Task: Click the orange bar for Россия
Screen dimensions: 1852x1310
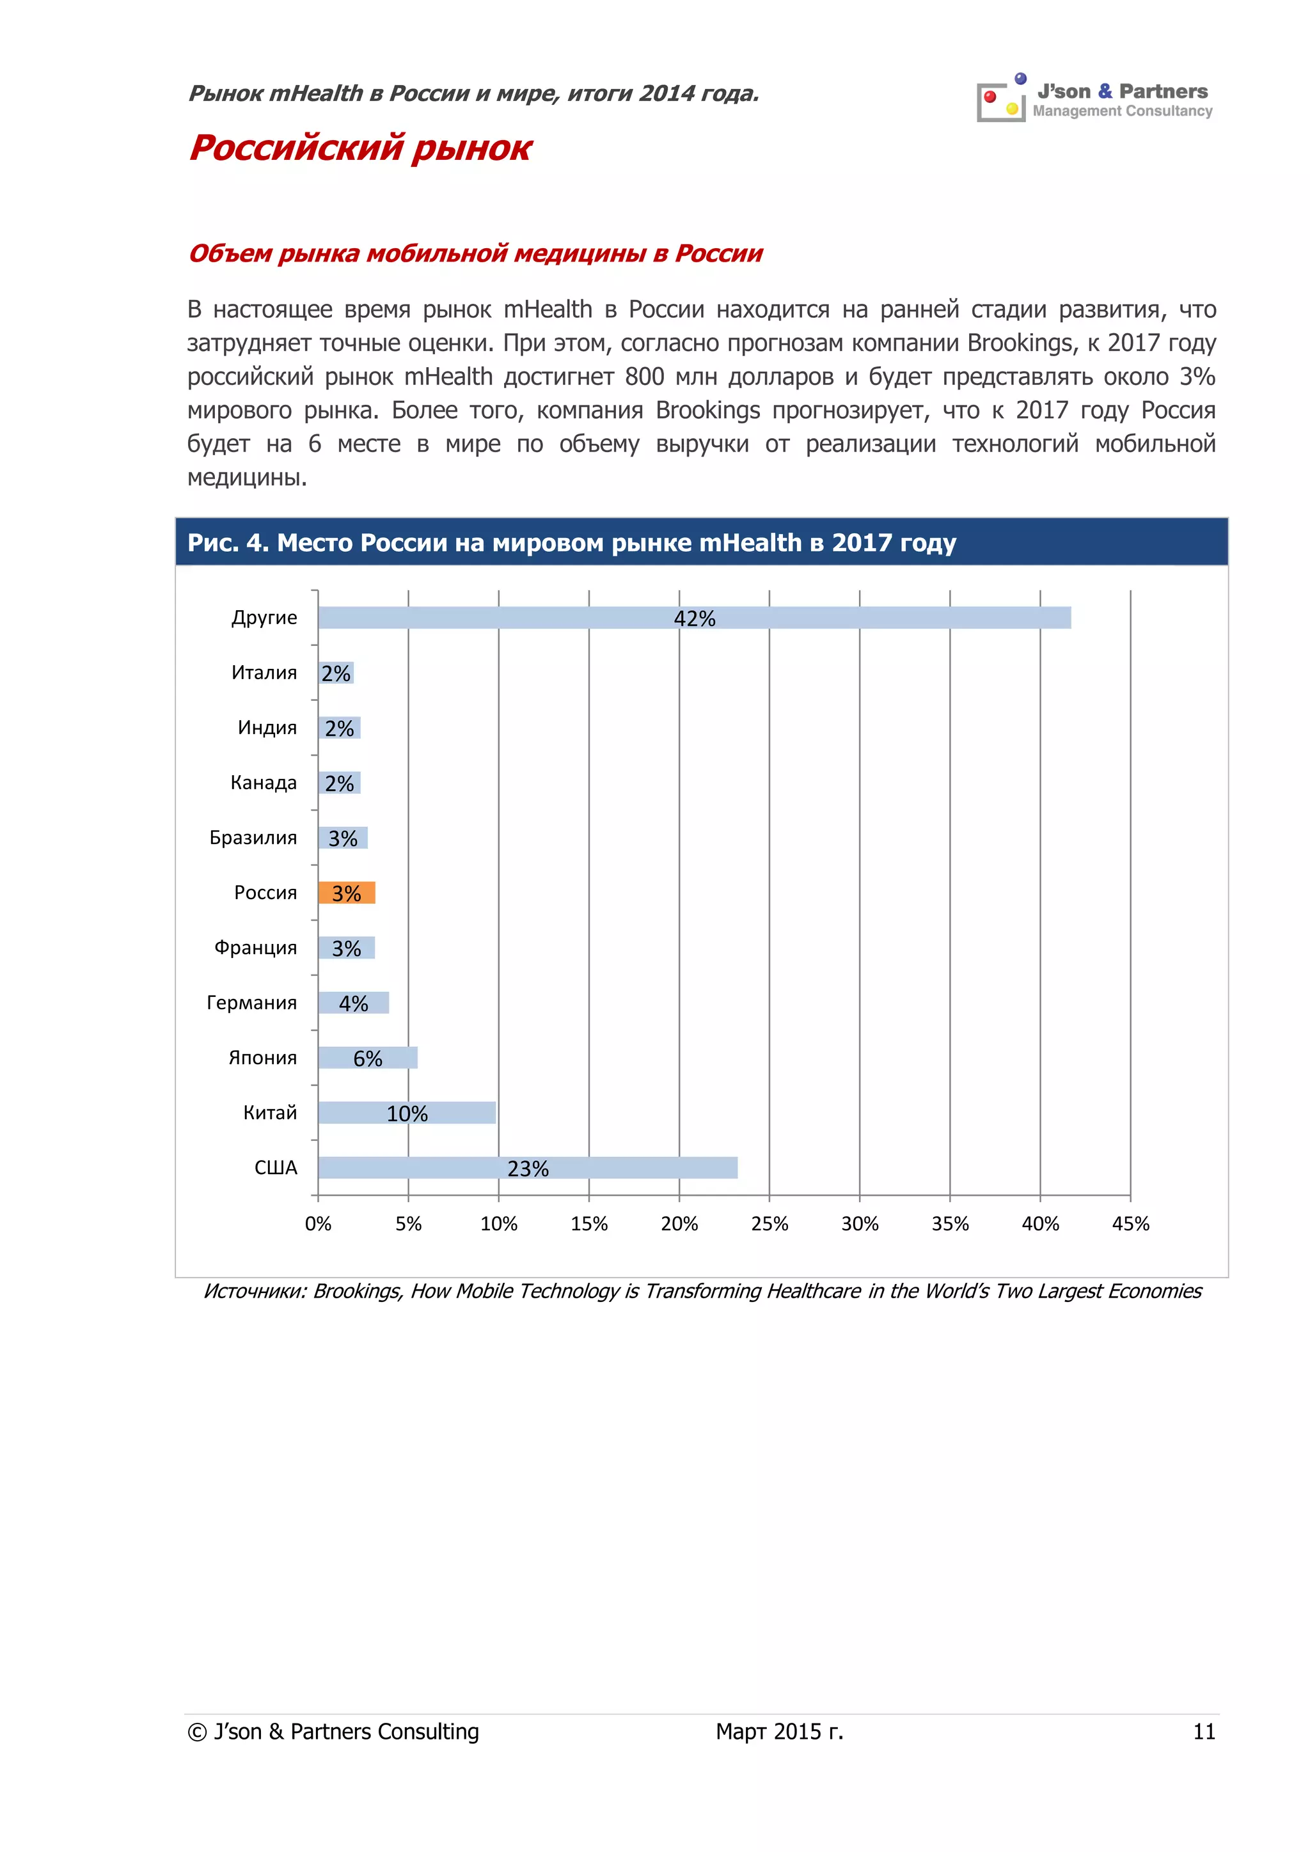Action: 346,892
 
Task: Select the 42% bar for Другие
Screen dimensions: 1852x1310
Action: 694,617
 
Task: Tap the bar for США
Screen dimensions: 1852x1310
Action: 528,1167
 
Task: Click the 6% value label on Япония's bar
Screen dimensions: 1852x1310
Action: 368,1058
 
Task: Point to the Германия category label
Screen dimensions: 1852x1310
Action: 251,1003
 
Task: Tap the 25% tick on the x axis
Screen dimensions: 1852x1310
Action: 769,1223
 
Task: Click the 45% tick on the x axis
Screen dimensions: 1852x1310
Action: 1130,1223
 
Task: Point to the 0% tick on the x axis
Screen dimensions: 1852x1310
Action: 318,1223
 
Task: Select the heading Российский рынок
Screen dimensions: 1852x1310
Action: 361,148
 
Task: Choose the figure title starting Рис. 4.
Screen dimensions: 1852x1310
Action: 571,542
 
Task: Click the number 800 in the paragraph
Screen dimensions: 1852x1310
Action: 645,377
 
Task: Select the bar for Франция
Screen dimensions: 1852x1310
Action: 346,948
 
